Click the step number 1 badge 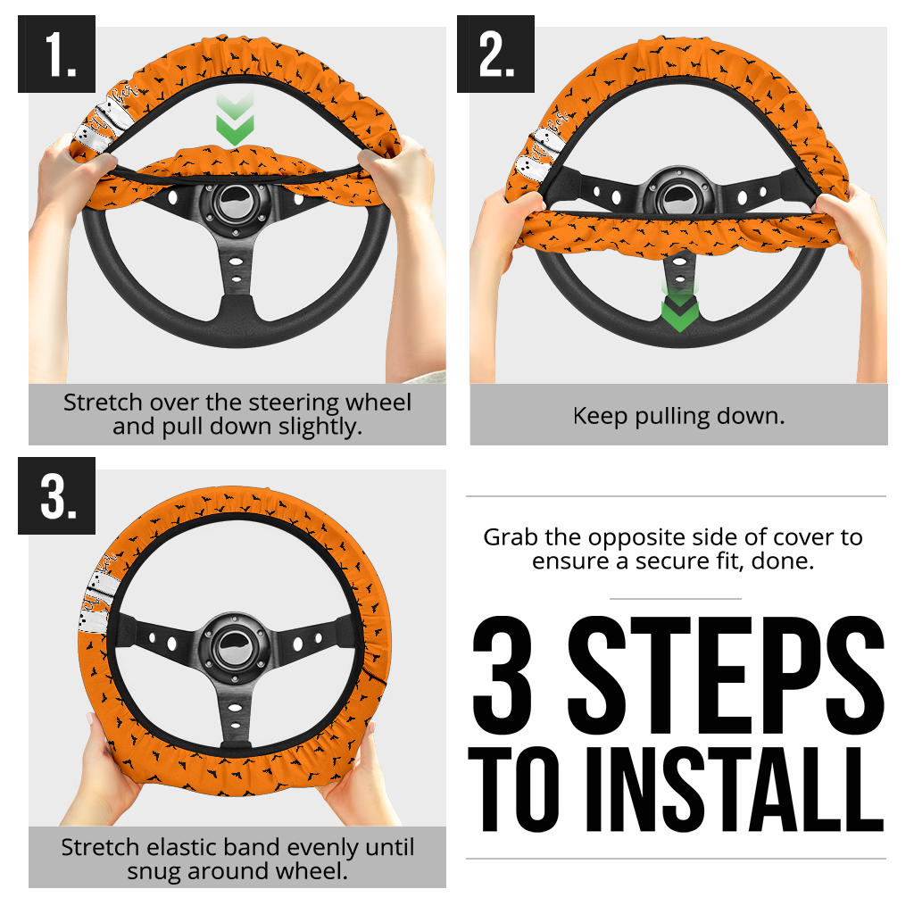click(x=56, y=54)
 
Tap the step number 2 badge click(x=495, y=54)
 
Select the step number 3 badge click(x=56, y=495)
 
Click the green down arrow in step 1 click(x=235, y=120)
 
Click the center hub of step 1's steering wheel click(x=236, y=204)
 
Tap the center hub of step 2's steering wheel click(x=679, y=196)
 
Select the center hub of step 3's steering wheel click(x=235, y=647)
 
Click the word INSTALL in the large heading click(x=735, y=789)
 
